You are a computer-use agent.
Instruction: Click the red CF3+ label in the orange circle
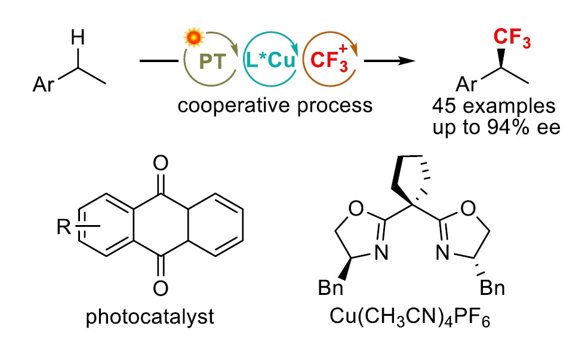click(329, 61)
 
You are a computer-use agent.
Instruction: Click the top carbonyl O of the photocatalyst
click(159, 161)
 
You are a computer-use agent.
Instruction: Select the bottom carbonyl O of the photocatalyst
click(159, 289)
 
